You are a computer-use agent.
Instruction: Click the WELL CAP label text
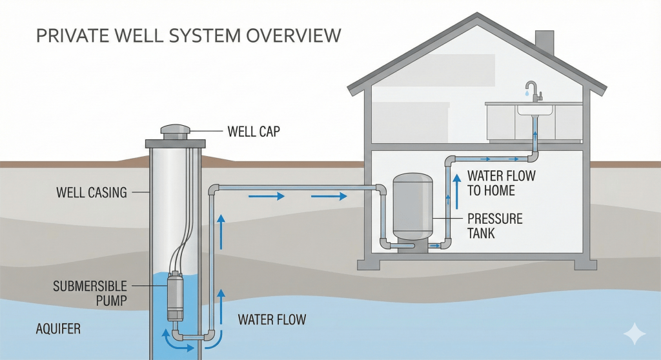coord(253,132)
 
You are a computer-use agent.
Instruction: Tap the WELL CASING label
coord(91,192)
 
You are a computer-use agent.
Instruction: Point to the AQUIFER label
coord(58,329)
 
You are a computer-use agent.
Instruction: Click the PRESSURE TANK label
coord(495,226)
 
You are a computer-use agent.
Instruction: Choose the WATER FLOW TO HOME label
coord(501,183)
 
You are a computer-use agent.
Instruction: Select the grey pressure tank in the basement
coord(412,205)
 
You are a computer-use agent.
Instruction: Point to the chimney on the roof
coord(544,43)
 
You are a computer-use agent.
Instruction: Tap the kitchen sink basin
coord(534,109)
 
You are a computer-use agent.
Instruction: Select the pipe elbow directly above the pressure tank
coord(382,190)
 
